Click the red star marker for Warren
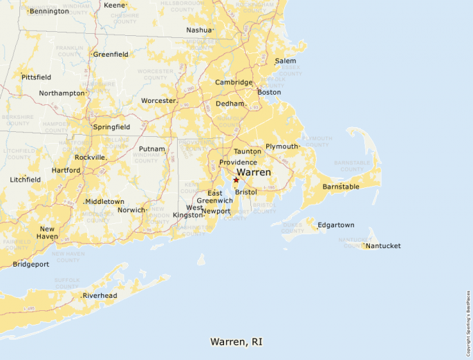236,180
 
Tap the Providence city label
238,162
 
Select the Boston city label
269,92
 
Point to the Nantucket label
383,246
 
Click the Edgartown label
335,225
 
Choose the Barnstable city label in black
341,187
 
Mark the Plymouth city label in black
281,146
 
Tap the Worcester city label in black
158,101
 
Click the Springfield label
111,127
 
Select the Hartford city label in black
66,170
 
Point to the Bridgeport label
30,264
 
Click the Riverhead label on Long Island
100,296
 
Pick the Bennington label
49,11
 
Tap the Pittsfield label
37,77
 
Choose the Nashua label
199,30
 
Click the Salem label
286,61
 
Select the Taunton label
248,151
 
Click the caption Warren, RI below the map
236,342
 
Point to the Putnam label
152,149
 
